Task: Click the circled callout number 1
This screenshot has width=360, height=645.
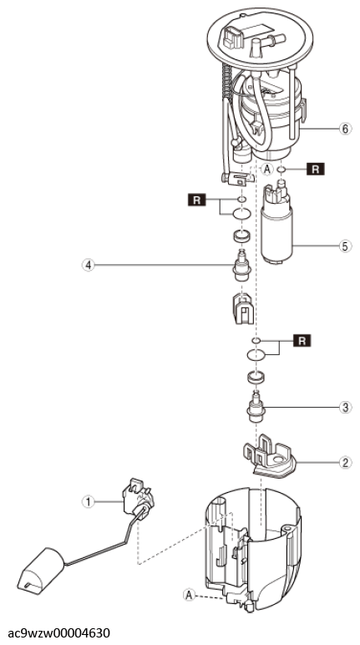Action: tap(87, 501)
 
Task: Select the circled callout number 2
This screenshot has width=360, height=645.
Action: tap(345, 462)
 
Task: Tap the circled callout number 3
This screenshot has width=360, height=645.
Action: tap(345, 407)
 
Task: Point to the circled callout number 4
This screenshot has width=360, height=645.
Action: tap(87, 266)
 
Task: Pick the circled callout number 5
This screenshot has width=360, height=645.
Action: tap(345, 246)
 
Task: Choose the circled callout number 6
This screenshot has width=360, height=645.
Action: tap(345, 129)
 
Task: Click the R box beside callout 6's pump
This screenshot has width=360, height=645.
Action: tap(315, 169)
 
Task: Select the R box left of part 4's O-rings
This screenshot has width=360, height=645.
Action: tap(196, 201)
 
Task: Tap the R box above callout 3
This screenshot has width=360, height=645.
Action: tap(302, 341)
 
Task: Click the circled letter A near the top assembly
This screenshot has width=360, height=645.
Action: tap(267, 169)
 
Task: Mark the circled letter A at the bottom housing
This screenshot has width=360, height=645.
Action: tap(189, 594)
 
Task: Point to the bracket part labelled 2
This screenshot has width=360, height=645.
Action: tap(270, 457)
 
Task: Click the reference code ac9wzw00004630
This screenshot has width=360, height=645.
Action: tap(58, 632)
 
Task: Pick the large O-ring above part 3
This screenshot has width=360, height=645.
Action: tap(256, 353)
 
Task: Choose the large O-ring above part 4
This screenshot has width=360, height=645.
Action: tap(242, 215)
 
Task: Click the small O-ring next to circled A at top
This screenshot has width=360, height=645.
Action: tap(281, 169)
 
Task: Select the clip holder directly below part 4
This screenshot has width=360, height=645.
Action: tap(243, 308)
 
